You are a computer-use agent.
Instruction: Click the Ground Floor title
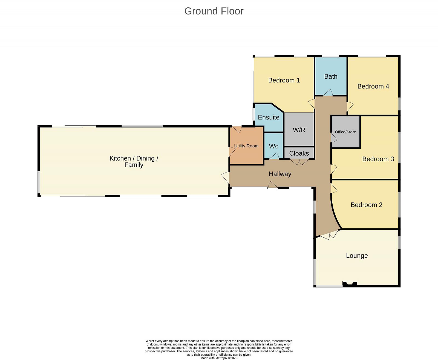pyautogui.click(x=214, y=11)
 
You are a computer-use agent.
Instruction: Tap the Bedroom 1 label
pyautogui.click(x=284, y=80)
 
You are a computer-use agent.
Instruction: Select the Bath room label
pyautogui.click(x=331, y=76)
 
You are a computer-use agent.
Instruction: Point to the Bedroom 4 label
pyautogui.click(x=373, y=86)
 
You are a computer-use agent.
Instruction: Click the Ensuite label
pyautogui.click(x=269, y=117)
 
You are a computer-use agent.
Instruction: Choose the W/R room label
pyautogui.click(x=299, y=130)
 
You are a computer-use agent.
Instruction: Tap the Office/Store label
pyautogui.click(x=345, y=132)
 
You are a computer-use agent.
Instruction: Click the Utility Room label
pyautogui.click(x=246, y=146)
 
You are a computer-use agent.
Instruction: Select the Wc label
pyautogui.click(x=273, y=146)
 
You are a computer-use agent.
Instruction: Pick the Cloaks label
pyautogui.click(x=299, y=153)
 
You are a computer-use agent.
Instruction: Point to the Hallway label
pyautogui.click(x=280, y=174)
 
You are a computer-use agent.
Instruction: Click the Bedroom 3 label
pyautogui.click(x=378, y=159)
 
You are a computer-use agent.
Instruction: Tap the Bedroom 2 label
pyautogui.click(x=366, y=205)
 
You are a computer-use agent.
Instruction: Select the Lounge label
pyautogui.click(x=357, y=255)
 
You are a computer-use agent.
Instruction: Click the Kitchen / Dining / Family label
pyautogui.click(x=134, y=161)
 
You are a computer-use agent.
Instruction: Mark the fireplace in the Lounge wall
pyautogui.click(x=350, y=284)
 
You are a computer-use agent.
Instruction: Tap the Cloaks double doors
pyautogui.click(x=299, y=162)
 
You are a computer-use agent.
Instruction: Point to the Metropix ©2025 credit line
pyautogui.click(x=219, y=358)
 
